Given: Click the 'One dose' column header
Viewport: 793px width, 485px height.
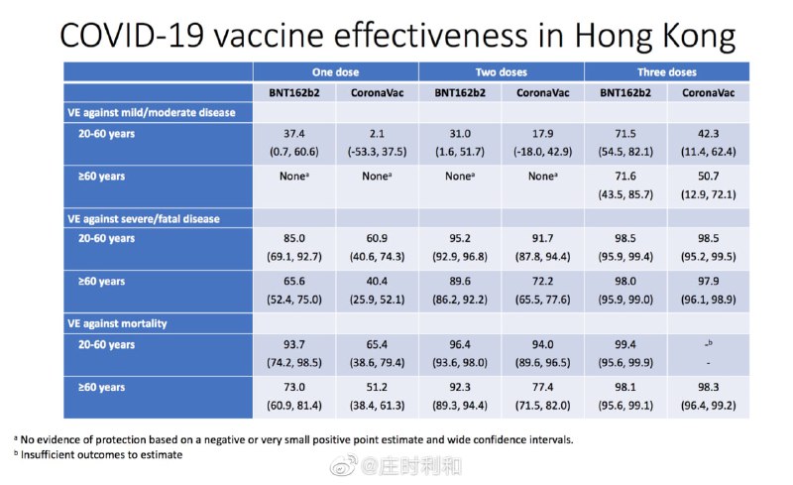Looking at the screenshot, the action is (335, 71).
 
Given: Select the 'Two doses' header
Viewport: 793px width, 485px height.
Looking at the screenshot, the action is (502, 71).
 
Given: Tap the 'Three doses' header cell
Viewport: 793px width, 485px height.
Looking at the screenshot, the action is (666, 71).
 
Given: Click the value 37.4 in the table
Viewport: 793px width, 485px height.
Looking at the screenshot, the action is (293, 134).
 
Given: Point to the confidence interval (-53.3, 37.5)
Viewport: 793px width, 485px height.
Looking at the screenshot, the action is (377, 152).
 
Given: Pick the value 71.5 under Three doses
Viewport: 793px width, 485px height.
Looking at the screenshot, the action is (625, 134).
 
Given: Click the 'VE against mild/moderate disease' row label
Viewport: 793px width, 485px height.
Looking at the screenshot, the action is (152, 112).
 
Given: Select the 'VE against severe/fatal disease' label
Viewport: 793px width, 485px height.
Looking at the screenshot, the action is (144, 219).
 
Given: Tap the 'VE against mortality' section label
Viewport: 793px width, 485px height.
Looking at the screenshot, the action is (117, 323).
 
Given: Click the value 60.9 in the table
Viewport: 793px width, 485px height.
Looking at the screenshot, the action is (377, 238).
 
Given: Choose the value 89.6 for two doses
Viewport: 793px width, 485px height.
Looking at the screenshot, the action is (460, 281).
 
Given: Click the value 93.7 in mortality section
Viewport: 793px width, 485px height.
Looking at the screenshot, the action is (293, 345).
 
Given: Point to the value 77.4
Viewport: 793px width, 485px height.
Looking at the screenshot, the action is (542, 387).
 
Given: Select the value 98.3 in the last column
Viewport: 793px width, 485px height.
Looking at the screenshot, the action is (708, 387).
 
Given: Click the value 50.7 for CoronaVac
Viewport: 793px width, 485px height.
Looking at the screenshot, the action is (708, 177).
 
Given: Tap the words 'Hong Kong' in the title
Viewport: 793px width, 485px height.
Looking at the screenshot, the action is (655, 37).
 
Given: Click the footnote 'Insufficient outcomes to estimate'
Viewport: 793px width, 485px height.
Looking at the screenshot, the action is (101, 454).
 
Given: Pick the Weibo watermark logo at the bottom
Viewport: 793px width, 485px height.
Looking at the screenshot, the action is (344, 465).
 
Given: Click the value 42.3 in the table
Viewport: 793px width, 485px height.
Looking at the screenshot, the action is (708, 134).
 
